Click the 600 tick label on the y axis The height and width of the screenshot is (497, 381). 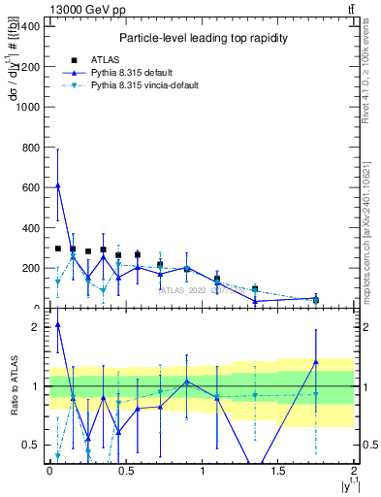[31, 186]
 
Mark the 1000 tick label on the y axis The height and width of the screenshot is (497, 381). [28, 105]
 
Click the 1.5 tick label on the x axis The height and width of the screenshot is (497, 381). [278, 471]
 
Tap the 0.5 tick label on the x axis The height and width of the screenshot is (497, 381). [125, 471]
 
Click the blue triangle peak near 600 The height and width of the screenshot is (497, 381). [57, 185]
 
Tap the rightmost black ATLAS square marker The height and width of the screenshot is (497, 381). [316, 300]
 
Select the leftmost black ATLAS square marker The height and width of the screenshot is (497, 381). [57, 248]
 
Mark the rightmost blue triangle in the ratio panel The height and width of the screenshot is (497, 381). [316, 362]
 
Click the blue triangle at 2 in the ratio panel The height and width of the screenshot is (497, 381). [57, 325]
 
